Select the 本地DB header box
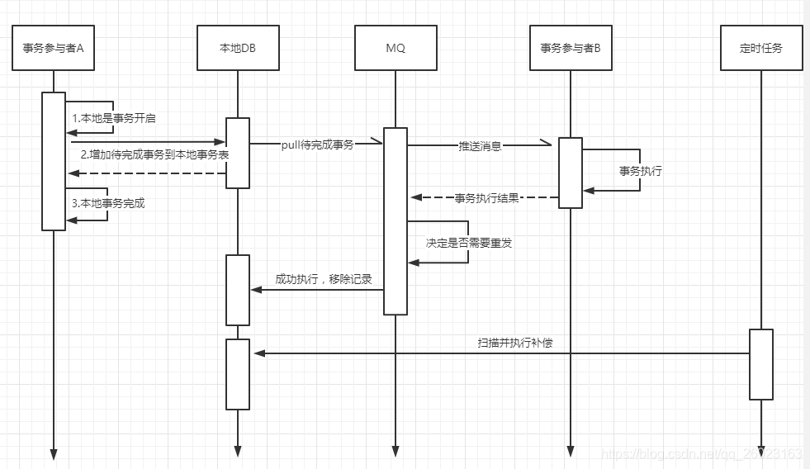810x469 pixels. (238, 48)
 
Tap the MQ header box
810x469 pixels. (396, 48)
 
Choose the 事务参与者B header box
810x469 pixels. (571, 48)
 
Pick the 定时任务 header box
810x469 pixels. (760, 48)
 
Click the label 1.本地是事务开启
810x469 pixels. (114, 118)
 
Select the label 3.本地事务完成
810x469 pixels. (107, 203)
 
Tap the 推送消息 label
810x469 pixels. (480, 145)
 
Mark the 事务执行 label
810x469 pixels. (641, 172)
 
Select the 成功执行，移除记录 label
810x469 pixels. (324, 279)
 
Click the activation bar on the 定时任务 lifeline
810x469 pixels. (760, 364)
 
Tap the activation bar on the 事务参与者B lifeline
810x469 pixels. (571, 173)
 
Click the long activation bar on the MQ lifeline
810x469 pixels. (396, 220)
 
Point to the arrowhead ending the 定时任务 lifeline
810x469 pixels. (760, 450)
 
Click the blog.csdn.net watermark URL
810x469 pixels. (702, 454)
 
